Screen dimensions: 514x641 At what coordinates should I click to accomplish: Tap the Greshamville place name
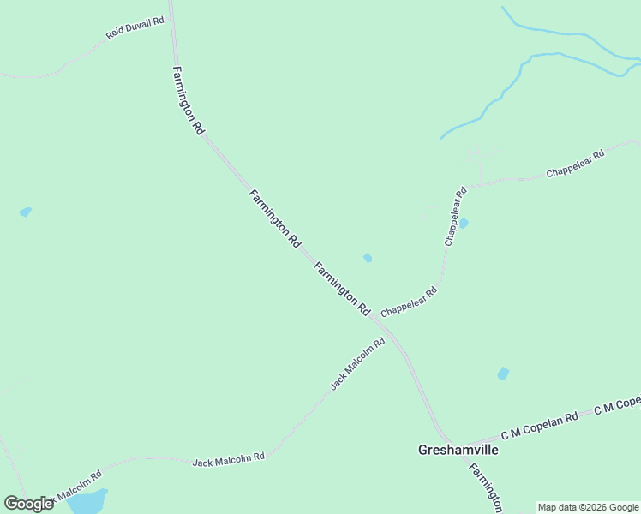(458, 449)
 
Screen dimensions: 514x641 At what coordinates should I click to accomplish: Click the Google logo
(28, 504)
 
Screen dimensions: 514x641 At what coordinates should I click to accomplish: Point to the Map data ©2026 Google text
(589, 507)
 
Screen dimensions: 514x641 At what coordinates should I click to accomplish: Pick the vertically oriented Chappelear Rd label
(455, 217)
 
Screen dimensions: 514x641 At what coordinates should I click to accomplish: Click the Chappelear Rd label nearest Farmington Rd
(410, 301)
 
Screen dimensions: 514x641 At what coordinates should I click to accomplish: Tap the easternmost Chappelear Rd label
(576, 164)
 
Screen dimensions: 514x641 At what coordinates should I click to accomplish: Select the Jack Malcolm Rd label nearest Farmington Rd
(358, 364)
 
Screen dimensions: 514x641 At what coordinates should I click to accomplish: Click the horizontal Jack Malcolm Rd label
(228, 460)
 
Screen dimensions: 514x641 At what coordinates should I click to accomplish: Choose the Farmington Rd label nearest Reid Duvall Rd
(188, 100)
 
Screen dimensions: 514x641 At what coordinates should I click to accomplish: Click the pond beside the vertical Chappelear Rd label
(464, 224)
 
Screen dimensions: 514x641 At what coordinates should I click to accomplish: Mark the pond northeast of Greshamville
(503, 374)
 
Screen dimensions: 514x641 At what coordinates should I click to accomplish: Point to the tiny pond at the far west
(26, 212)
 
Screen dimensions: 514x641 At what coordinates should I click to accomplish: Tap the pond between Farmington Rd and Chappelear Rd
(368, 258)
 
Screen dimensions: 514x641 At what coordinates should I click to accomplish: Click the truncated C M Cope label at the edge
(617, 405)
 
